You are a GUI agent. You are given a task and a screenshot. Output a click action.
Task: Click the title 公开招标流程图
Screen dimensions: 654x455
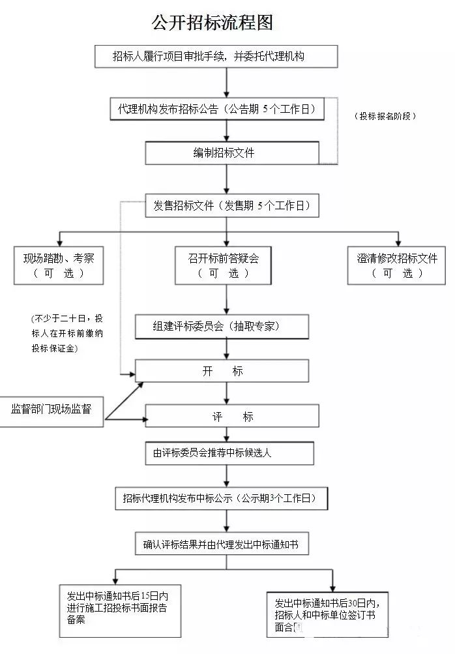(212, 23)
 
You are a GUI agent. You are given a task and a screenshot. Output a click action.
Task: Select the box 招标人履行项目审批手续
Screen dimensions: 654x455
(216, 57)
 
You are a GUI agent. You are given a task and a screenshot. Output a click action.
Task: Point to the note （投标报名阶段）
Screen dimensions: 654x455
(385, 115)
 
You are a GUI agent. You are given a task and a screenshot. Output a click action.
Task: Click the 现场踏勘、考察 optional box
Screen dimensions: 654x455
(59, 265)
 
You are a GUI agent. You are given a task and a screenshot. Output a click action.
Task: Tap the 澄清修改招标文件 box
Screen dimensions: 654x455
(396, 265)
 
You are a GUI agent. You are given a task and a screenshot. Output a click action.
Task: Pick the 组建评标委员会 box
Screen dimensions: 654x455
(222, 327)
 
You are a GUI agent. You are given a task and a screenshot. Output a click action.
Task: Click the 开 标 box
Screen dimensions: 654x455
(222, 370)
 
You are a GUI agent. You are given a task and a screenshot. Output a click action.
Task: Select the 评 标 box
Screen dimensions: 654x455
(232, 417)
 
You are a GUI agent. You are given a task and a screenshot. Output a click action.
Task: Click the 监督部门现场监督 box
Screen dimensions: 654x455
(51, 410)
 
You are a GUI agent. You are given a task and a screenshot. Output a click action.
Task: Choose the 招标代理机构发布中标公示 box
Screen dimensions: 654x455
(221, 499)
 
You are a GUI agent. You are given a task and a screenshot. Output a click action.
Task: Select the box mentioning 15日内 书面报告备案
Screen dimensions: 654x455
(120, 610)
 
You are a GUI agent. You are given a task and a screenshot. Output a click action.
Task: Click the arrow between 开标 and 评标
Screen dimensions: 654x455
(226, 393)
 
